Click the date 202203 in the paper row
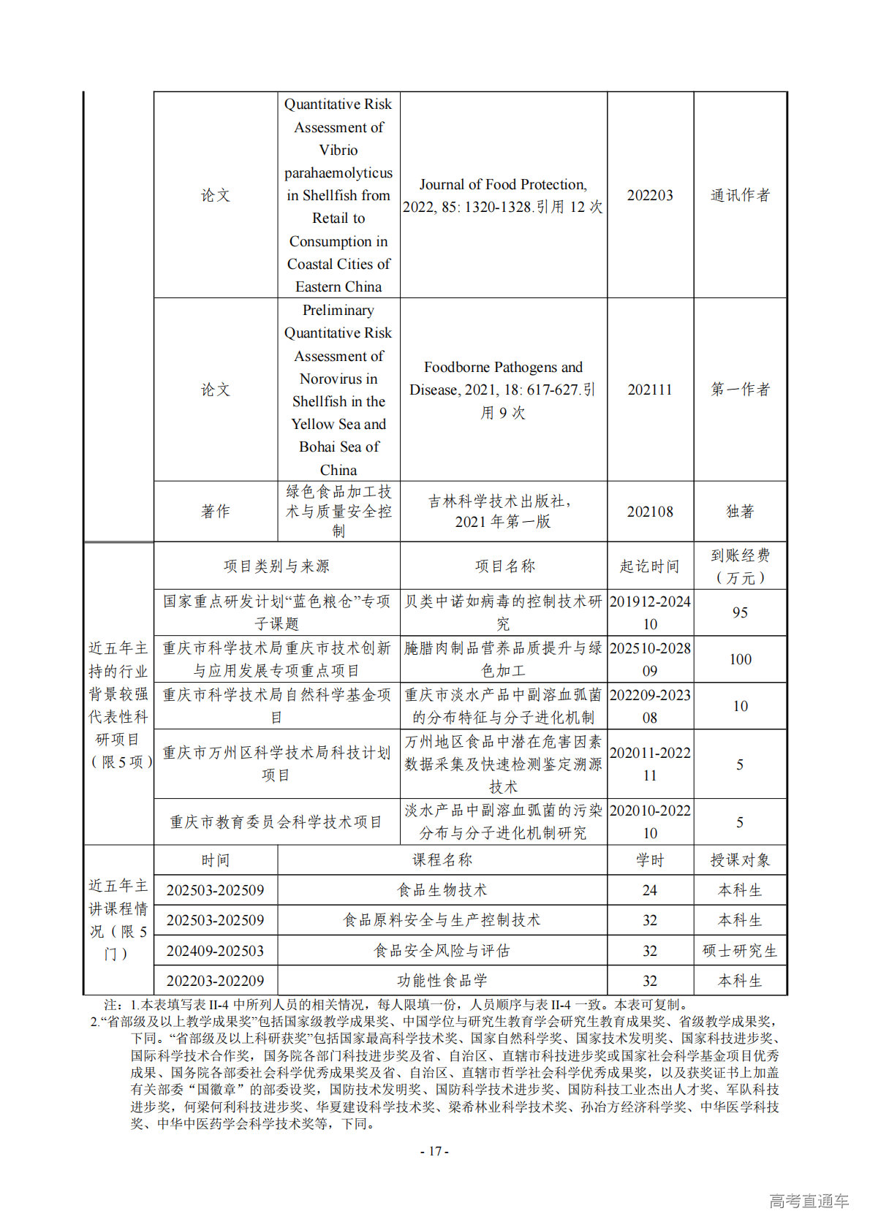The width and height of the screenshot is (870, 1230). [x=649, y=195]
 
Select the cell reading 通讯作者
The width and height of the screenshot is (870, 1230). [x=740, y=195]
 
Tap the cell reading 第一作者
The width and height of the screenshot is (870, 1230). [x=740, y=390]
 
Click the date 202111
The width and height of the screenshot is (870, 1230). [x=649, y=390]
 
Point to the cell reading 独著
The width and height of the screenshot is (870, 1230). [x=740, y=512]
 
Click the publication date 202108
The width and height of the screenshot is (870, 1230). [x=649, y=512]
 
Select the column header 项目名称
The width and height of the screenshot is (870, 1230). [x=504, y=566]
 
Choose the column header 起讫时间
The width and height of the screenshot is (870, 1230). [x=649, y=566]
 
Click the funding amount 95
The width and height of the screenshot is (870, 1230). [x=740, y=612]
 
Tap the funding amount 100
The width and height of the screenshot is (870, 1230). [x=740, y=659]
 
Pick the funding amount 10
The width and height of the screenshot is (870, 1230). [x=740, y=706]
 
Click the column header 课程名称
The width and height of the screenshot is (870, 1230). [x=442, y=860]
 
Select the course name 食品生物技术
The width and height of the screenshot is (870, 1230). [x=442, y=890]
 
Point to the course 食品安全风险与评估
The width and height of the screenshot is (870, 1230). [x=442, y=951]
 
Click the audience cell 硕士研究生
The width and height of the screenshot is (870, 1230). [x=740, y=951]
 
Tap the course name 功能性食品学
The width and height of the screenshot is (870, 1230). [x=442, y=981]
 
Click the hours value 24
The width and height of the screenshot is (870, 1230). [x=649, y=890]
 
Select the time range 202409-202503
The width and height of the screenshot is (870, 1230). [x=215, y=951]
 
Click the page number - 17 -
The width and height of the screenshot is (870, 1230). [x=434, y=1151]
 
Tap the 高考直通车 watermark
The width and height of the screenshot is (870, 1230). [x=809, y=1200]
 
